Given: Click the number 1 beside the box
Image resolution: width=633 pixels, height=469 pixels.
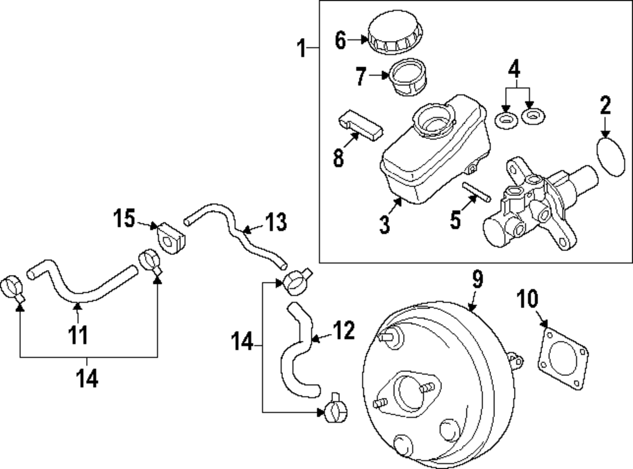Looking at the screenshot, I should pyautogui.click(x=303, y=47).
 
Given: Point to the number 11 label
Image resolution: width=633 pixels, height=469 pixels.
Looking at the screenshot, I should pyautogui.click(x=78, y=334).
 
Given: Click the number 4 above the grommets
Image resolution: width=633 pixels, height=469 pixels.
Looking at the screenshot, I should pyautogui.click(x=515, y=67).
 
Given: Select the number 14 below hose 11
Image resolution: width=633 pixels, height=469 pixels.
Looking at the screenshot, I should pyautogui.click(x=87, y=378).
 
